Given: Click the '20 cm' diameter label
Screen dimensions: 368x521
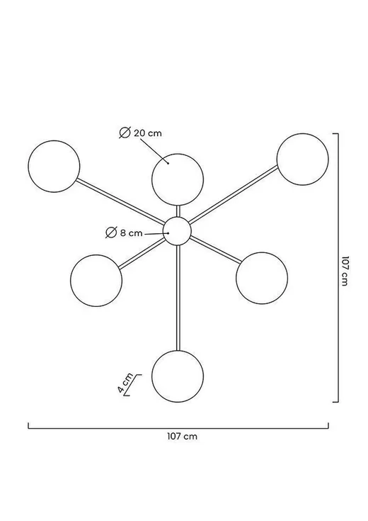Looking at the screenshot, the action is (x=148, y=133).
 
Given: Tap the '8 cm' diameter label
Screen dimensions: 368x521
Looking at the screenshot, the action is (x=131, y=233).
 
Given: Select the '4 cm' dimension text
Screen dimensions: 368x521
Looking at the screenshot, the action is (x=125, y=383).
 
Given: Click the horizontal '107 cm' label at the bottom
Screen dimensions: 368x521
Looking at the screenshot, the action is (x=182, y=436).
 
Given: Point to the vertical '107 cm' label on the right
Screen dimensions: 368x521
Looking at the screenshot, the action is (x=345, y=271).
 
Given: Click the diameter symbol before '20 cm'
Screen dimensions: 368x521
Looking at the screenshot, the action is (x=125, y=133).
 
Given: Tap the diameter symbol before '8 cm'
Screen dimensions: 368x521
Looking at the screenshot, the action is (x=111, y=233).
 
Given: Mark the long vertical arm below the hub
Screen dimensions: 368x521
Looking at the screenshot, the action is (x=178, y=298).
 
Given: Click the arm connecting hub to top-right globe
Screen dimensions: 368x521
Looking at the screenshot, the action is (x=234, y=194).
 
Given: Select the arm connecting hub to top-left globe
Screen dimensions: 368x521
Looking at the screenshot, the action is (x=121, y=201).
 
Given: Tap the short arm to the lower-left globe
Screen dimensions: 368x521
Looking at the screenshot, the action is (x=142, y=253).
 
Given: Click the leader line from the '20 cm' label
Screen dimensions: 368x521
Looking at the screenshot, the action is (x=154, y=151).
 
